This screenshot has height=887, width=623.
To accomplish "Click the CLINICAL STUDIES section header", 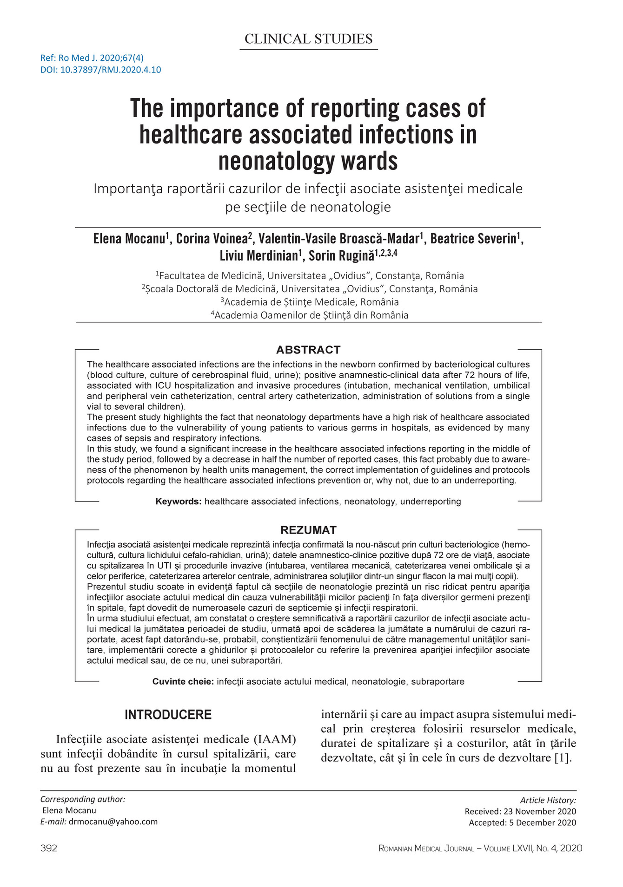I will coord(308,39).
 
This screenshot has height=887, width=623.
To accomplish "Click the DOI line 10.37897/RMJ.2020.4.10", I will coord(101,70).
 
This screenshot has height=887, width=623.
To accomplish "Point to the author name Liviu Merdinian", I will coord(258,255).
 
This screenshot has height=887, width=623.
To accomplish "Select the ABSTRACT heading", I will coord(308,350).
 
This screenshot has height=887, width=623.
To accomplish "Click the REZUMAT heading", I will coord(308,530).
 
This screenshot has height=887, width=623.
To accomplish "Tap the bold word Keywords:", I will coord(179,502).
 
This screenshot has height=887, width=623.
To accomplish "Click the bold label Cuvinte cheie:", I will coord(183,682).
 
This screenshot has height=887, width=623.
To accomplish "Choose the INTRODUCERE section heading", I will coord(168,715).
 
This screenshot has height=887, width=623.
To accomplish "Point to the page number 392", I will coord(49,848).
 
